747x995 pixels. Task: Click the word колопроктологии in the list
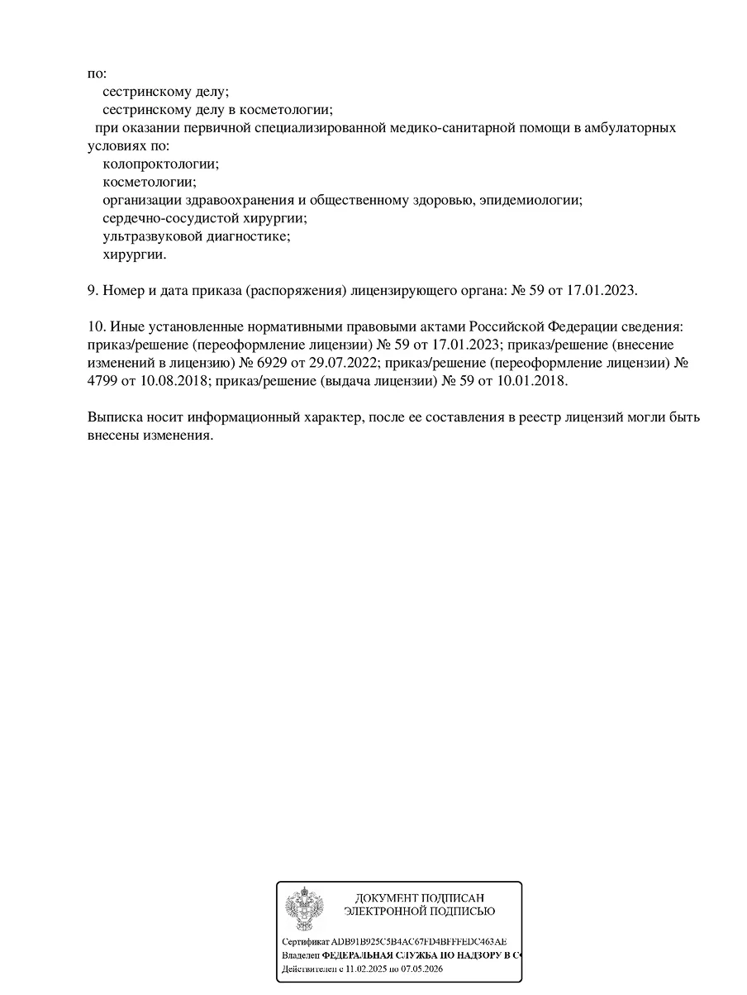point(160,164)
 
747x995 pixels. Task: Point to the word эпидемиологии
point(533,201)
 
